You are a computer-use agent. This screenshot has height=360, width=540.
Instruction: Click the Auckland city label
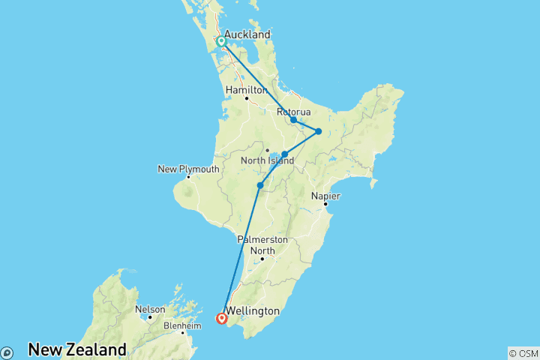coord(247,34)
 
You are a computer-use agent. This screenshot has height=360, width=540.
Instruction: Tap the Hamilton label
coord(246,89)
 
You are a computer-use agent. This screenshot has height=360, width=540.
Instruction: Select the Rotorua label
coord(293,112)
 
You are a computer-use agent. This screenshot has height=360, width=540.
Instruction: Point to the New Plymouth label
coord(188,169)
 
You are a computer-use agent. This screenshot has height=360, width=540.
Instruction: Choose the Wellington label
coord(252,310)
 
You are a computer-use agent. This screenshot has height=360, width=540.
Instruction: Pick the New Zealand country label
coord(77,349)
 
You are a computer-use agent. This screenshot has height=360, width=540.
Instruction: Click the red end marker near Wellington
coord(222,319)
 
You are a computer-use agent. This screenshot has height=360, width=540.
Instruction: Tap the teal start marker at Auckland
coord(222,42)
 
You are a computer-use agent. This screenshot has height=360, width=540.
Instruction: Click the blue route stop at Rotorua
coord(293,120)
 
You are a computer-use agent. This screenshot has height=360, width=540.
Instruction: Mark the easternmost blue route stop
coord(318,131)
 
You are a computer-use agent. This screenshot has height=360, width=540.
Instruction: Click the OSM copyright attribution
coord(523,352)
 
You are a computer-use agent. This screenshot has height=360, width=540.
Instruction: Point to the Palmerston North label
coord(262,244)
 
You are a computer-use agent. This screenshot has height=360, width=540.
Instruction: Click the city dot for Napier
coord(325,203)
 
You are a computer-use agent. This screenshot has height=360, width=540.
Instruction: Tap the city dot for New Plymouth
coord(188,177)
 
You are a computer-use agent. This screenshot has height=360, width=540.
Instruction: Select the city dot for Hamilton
coord(246,97)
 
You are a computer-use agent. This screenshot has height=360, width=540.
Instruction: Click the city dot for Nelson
coord(149,316)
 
